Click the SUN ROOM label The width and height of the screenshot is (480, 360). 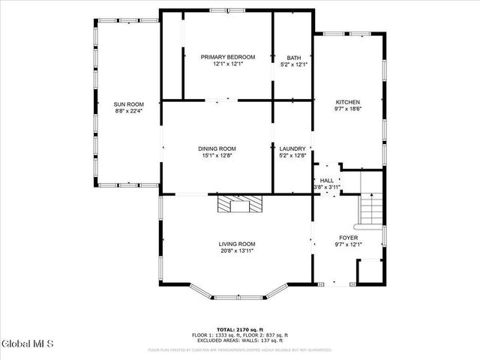[x=128, y=104]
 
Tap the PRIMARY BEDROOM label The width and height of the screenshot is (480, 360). [x=228, y=57]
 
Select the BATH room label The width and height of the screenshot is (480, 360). [x=293, y=57]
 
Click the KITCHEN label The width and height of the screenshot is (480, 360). [x=347, y=102]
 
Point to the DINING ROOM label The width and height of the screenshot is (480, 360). [x=217, y=148]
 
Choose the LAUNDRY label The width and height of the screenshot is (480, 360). [x=292, y=148]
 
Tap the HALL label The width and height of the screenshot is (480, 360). [x=327, y=181]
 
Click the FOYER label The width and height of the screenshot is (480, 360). [x=348, y=237]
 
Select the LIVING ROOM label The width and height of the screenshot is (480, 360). [x=237, y=244]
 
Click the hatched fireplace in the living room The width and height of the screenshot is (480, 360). [x=237, y=205]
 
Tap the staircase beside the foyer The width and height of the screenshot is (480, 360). [x=370, y=208]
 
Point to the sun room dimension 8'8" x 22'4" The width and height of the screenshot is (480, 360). [x=128, y=111]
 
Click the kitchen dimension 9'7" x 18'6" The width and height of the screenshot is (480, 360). [x=347, y=109]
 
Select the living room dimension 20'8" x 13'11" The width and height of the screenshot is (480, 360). [x=237, y=250]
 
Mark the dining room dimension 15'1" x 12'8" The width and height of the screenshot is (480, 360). [x=217, y=155]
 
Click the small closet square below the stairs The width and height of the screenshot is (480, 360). [x=369, y=271]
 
